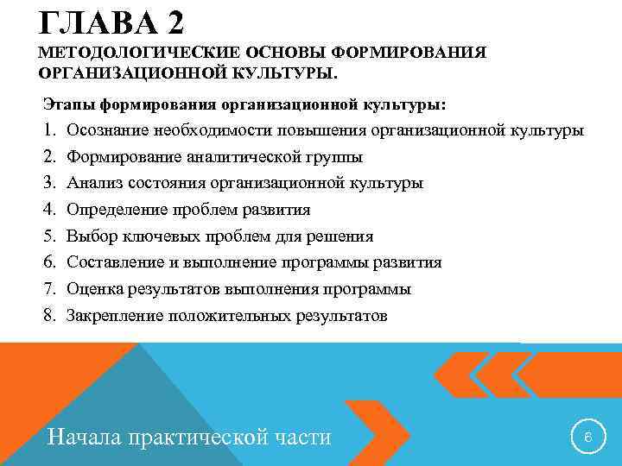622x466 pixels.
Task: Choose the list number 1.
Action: pyautogui.click(x=49, y=131)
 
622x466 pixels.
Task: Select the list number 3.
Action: pyautogui.click(x=49, y=184)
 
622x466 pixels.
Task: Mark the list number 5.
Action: pyautogui.click(x=49, y=236)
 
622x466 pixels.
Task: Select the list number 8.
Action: pyautogui.click(x=49, y=316)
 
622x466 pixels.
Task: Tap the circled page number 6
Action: pyautogui.click(x=587, y=437)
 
